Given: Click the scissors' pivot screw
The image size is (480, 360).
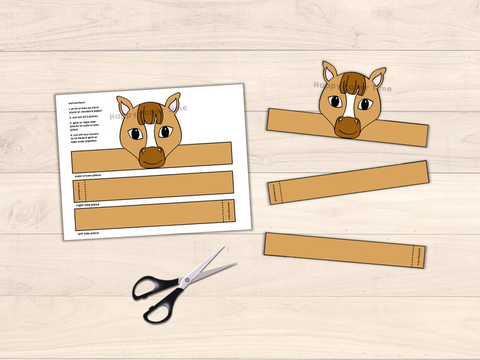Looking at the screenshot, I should pyautogui.click(x=186, y=280).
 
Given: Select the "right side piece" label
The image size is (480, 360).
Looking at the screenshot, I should pyautogui.click(x=88, y=205).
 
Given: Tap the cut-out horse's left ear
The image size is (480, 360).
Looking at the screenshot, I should pyautogui.click(x=329, y=73).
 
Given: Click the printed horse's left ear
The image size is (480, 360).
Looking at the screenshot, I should pyautogui.click(x=125, y=107).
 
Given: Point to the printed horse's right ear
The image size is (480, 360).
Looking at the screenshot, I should pyautogui.click(x=173, y=104).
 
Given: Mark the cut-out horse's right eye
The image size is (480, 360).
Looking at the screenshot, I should pyautogui.click(x=365, y=104).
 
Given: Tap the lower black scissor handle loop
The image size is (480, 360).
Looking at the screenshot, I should pyautogui.click(x=157, y=308).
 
